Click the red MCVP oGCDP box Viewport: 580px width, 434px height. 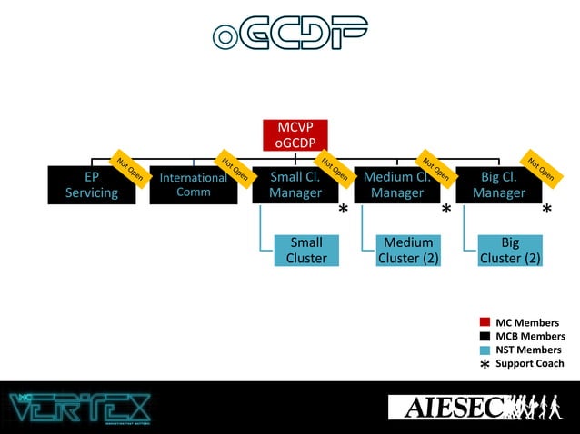pos(295,134)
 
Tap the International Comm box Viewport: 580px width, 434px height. pos(193,185)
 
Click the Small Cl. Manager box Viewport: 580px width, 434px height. pos(295,185)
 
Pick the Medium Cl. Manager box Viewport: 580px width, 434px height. pos(396,185)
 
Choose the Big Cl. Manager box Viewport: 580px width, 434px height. pos(498,185)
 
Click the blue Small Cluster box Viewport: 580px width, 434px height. pos(306,250)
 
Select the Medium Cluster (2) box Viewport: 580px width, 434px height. pos(408,250)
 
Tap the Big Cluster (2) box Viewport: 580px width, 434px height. pos(510,250)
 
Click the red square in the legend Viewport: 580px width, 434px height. pos(485,322)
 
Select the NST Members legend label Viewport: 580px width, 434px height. pos(528,350)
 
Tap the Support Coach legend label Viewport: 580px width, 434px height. pos(529,363)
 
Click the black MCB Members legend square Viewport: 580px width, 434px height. pos(485,336)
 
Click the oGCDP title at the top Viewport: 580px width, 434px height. pos(290,34)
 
